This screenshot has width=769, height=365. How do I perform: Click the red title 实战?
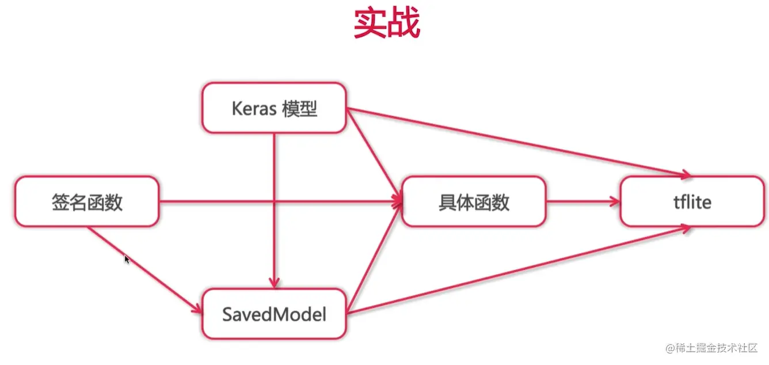[386, 24]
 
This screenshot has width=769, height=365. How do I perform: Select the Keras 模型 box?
[274, 108]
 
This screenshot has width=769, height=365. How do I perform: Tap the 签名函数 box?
[87, 201]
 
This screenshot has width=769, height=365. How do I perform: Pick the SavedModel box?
[274, 314]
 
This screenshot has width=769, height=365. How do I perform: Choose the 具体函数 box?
[474, 201]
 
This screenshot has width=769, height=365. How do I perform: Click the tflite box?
[692, 201]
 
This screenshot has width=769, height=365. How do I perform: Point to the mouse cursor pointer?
[127, 259]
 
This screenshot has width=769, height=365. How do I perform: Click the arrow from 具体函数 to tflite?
[581, 201]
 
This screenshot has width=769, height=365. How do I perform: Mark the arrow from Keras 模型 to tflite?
[518, 142]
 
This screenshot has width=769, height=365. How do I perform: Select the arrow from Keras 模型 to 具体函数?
[373, 153]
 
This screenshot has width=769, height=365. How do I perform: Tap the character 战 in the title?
[403, 24]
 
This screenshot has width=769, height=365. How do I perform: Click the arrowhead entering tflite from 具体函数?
[615, 201]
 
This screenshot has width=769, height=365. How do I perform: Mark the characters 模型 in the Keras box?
[300, 108]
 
